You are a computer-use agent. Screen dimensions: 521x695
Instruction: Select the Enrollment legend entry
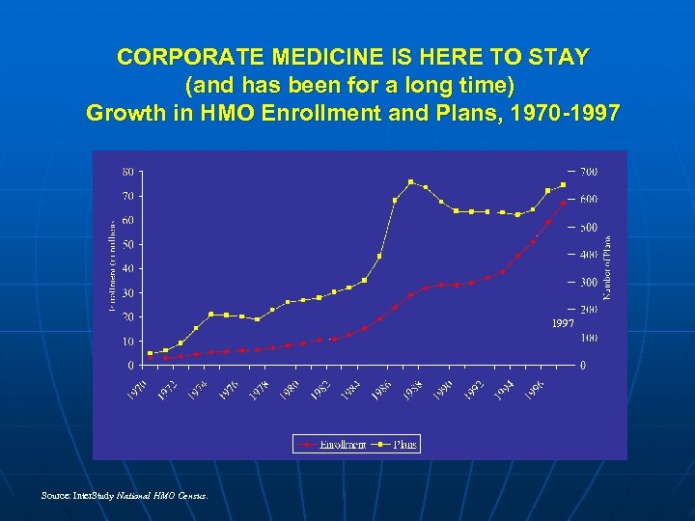(333, 445)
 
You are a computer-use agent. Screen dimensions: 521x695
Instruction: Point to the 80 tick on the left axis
(127, 172)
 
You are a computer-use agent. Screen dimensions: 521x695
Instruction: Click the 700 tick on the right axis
(588, 172)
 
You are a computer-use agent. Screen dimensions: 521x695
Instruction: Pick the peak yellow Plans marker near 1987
(410, 181)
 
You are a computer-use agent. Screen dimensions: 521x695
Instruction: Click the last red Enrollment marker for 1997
(564, 203)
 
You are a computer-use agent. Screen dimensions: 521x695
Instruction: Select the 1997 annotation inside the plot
(563, 323)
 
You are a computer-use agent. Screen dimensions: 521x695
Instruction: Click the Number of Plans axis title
(607, 267)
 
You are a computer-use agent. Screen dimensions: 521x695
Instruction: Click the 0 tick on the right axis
(582, 366)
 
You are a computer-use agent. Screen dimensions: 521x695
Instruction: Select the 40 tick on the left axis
(127, 268)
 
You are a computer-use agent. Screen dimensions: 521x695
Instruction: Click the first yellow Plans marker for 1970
(150, 353)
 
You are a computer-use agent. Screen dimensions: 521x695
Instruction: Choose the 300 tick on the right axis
(588, 283)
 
